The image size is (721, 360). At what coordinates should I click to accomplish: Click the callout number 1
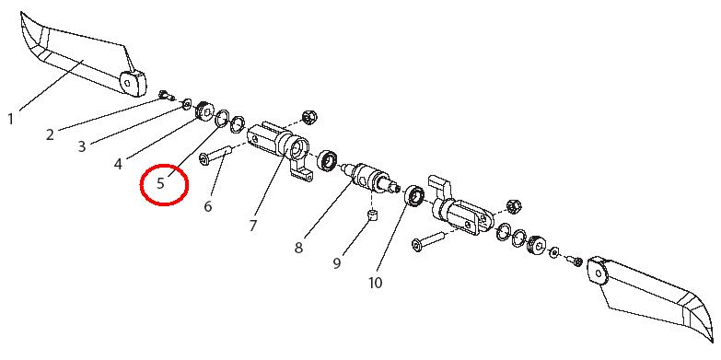pos(10,120)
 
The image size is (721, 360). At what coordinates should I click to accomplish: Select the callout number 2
pos(50,134)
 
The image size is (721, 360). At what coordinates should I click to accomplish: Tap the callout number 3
pos(82,146)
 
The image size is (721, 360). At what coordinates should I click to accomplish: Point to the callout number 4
pos(118,164)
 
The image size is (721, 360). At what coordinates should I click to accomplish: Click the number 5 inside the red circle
pos(160,183)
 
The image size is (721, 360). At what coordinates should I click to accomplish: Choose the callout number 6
pos(208,206)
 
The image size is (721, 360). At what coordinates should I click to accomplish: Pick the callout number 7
pos(253,226)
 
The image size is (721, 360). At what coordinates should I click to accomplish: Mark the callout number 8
pos(299,249)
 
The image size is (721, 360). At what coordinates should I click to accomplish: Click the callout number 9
pos(337,263)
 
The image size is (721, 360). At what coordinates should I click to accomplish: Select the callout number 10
pos(375,283)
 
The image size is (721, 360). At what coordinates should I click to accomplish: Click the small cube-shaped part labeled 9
pos(372,215)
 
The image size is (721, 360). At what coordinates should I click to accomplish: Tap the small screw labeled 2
pos(166,96)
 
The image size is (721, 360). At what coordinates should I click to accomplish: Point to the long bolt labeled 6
pos(216,154)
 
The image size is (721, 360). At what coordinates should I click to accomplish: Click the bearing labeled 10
pos(415,196)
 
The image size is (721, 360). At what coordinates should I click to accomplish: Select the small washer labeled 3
pos(187,104)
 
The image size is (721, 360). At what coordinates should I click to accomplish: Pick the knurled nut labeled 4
pos(204,110)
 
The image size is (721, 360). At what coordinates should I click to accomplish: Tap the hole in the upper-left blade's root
pos(128,83)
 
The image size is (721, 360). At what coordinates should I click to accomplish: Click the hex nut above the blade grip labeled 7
pos(308,117)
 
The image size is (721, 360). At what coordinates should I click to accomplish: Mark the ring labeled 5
pos(223,117)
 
